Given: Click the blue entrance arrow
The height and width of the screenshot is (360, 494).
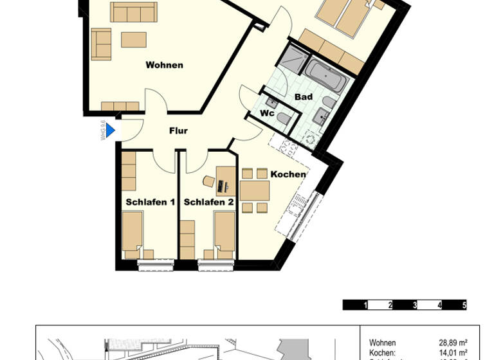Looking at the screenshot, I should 110,130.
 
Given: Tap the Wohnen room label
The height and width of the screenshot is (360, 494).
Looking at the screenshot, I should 164,65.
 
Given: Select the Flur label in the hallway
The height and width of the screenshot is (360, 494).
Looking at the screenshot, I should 178,131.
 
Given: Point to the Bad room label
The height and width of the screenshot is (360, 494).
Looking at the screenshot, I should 304,97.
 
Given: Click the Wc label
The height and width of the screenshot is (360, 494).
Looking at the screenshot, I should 268,114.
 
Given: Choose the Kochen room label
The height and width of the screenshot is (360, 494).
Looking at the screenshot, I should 288,174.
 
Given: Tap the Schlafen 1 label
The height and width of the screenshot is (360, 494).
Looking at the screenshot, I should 150,202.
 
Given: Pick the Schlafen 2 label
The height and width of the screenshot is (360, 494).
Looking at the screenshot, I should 208,202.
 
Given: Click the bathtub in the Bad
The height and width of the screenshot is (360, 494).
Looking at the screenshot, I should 326,76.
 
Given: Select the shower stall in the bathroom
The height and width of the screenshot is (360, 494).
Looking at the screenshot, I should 292,57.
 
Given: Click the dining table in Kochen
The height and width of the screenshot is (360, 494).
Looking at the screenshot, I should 255,190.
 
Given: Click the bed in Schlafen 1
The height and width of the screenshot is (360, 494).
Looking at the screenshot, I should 133,233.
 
